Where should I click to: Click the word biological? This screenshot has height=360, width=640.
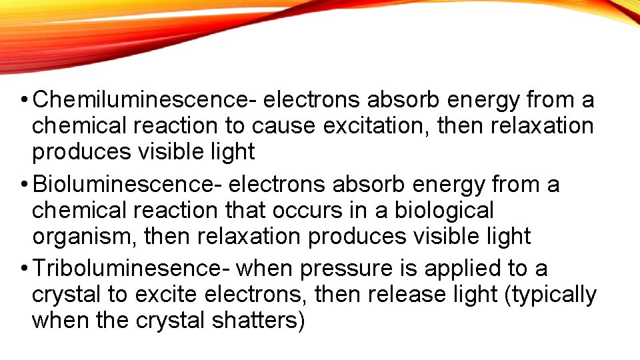[x=444, y=210]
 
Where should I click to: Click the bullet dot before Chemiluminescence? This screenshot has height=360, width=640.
[x=23, y=101]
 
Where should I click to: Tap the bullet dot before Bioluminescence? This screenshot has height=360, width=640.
[x=23, y=185]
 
